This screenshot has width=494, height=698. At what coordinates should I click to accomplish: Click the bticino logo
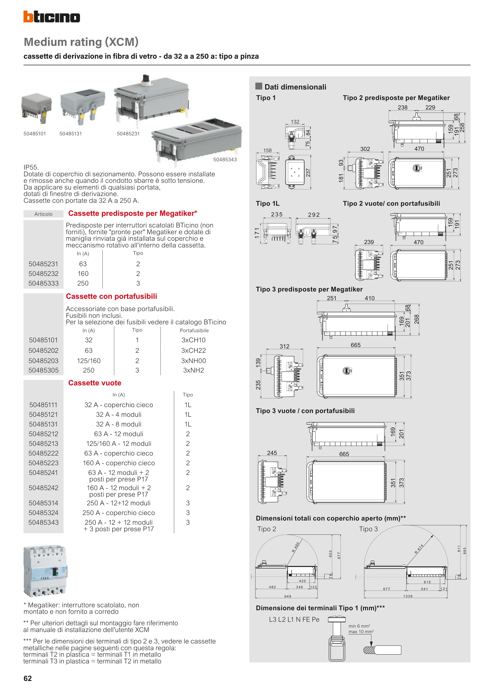52,17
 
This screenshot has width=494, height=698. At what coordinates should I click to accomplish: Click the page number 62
28,678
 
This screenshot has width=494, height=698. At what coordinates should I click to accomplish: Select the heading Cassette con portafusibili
111,296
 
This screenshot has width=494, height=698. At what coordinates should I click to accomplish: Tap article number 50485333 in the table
44,283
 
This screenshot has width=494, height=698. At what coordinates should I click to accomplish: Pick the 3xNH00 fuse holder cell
193,361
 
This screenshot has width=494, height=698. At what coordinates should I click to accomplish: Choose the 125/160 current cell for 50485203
89,361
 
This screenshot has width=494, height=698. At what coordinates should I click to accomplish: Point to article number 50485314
44,503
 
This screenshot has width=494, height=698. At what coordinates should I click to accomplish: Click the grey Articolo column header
44,214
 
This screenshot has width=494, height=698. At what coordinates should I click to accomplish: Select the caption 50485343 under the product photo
225,160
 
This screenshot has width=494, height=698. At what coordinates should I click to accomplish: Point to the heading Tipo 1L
267,204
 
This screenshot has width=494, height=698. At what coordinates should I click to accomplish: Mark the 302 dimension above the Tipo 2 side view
365,149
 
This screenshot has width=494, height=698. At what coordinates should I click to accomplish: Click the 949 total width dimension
288,596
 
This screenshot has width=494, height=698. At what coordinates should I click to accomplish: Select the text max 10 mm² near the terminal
361,632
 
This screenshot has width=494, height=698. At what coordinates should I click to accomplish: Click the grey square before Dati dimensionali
259,86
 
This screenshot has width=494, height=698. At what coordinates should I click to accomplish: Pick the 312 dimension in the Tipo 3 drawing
285,346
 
